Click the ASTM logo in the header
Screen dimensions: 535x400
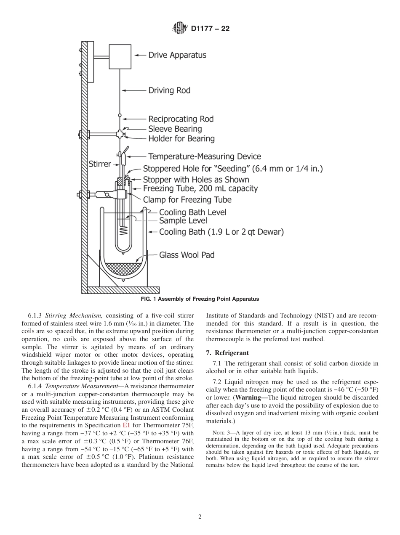coord(180,29)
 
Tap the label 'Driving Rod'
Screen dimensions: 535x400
coord(169,90)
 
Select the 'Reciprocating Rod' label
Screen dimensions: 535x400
coord(181,119)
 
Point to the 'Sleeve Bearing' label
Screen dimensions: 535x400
coord(175,129)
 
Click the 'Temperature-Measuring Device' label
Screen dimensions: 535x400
coord(205,157)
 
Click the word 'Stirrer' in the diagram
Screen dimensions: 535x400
coord(100,164)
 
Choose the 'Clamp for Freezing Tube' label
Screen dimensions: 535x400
coord(187,199)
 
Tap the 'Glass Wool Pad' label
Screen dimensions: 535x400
coord(187,255)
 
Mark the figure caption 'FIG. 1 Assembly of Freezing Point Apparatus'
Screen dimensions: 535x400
coord(200,299)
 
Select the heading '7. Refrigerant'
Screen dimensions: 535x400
coord(227,352)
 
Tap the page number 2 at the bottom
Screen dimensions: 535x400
coord(200,517)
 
